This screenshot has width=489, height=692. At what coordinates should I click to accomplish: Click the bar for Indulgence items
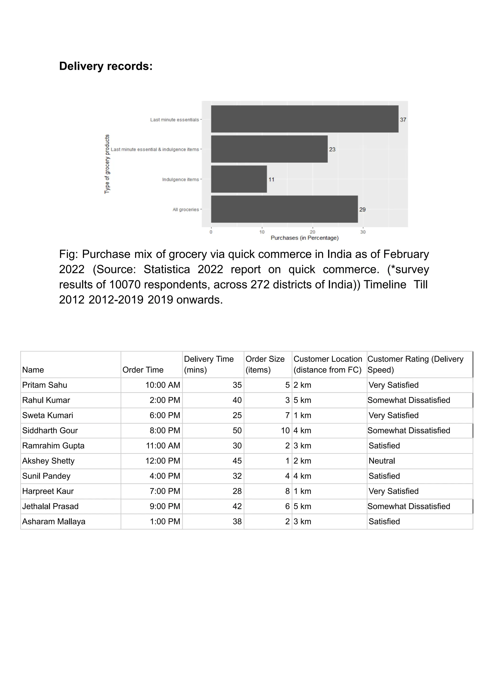[239, 179]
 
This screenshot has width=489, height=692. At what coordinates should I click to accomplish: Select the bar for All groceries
[284, 209]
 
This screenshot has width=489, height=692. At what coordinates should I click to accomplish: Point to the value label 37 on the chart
[403, 120]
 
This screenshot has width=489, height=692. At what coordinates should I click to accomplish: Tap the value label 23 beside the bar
[332, 150]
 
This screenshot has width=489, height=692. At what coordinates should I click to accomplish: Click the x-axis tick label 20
[313, 232]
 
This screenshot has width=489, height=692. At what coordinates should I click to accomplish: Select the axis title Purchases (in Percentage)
[305, 238]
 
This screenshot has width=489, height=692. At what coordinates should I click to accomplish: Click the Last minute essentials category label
[175, 120]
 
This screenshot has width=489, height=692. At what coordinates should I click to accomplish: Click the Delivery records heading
[106, 66]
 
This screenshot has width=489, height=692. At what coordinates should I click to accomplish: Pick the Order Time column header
[143, 370]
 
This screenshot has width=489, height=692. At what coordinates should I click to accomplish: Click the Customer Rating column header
[415, 364]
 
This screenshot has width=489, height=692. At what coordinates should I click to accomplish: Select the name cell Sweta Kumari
[48, 415]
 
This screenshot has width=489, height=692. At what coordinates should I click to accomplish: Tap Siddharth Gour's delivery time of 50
[237, 430]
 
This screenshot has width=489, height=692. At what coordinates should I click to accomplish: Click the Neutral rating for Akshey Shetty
[382, 461]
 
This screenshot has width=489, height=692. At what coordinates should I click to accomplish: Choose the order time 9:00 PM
[165, 506]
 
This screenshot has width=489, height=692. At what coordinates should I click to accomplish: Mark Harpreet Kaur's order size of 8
[287, 491]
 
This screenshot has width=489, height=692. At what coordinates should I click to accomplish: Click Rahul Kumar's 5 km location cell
[302, 400]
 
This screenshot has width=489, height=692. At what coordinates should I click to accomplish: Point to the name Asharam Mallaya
[54, 521]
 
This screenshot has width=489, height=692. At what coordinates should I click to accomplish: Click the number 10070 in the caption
[125, 284]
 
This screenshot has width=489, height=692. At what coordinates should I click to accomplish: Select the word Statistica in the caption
[167, 269]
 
